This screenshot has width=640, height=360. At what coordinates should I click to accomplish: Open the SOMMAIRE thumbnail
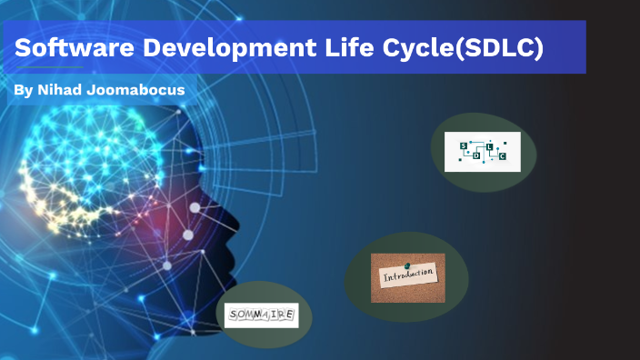pos(261,315)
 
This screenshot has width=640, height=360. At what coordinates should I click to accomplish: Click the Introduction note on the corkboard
pos(408,275)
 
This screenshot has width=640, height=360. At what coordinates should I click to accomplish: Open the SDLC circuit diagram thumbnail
pos(483,152)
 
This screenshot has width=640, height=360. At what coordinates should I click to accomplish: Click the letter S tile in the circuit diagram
pos(463,145)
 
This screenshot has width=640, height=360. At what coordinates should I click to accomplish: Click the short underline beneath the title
pos(49,67)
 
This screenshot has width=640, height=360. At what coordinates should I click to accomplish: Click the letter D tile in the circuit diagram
pos(476,155)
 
